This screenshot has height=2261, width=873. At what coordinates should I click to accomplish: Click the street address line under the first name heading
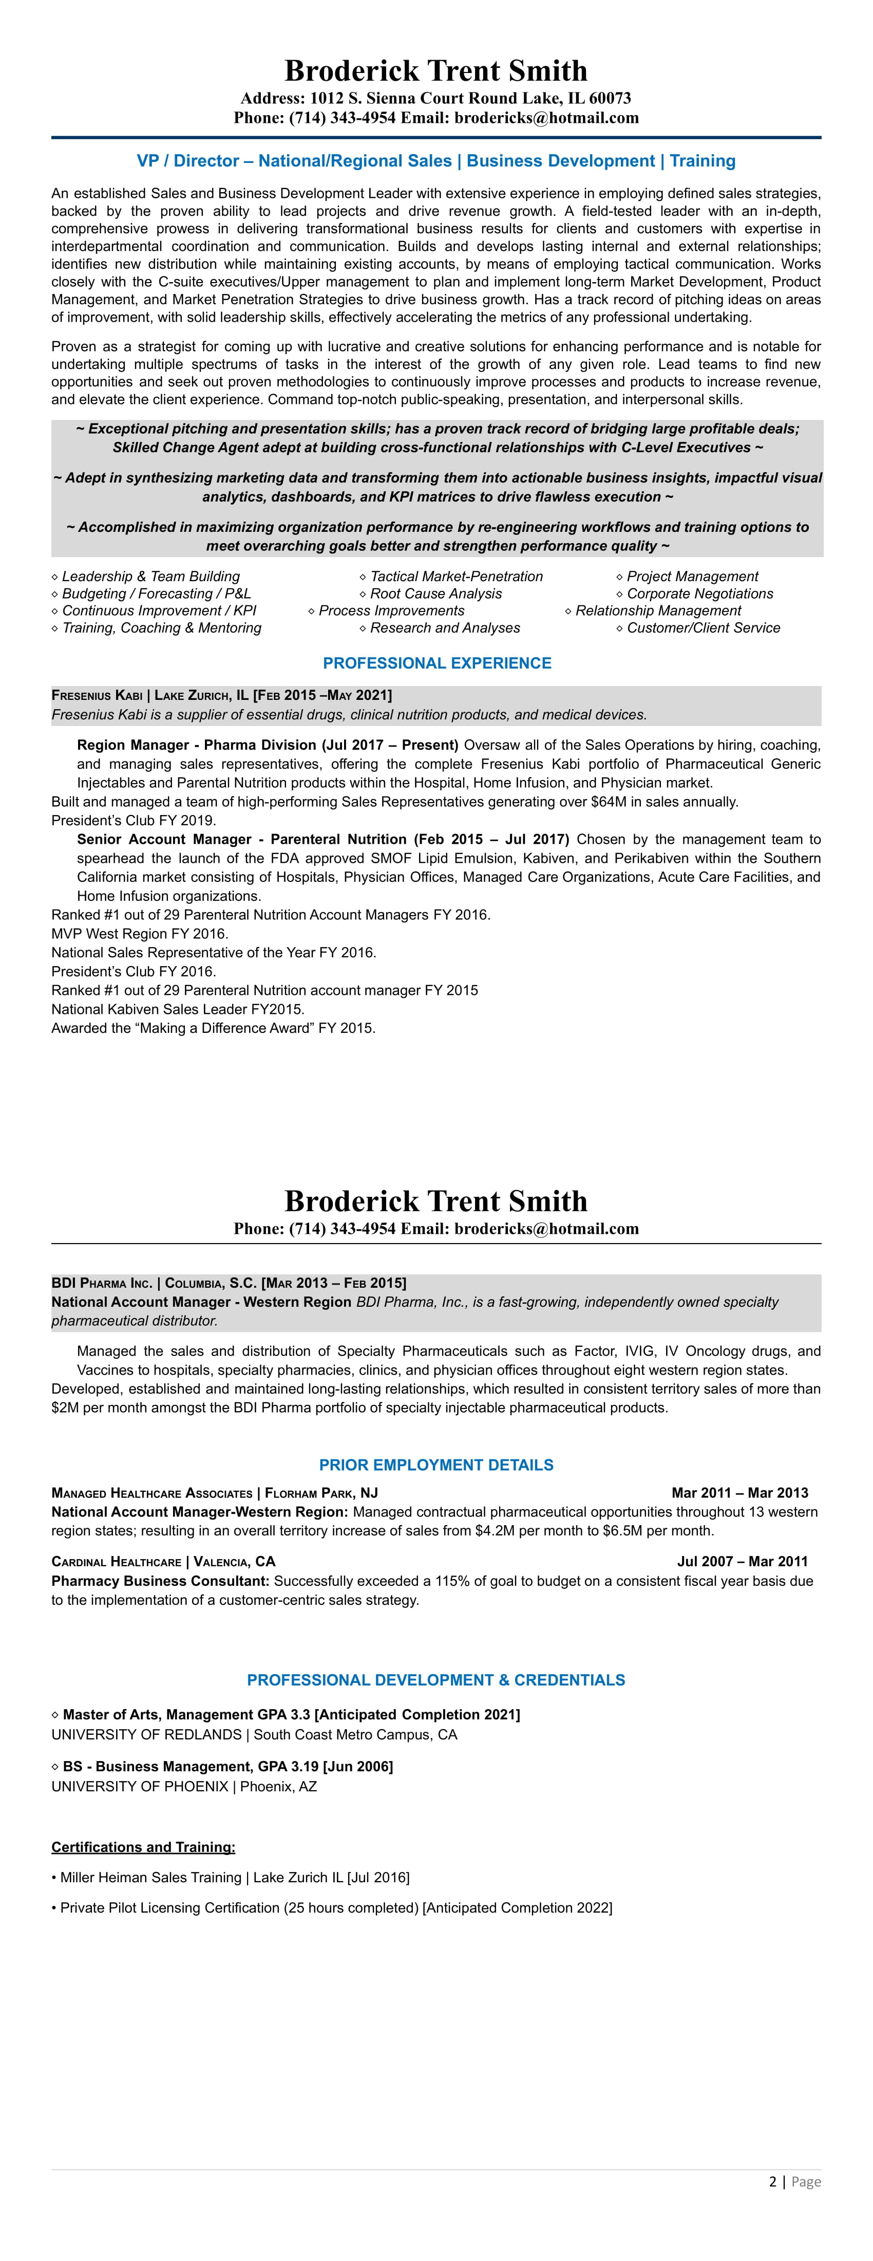tap(436, 98)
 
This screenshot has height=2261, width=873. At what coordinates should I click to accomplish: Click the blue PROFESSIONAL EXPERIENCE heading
tap(437, 663)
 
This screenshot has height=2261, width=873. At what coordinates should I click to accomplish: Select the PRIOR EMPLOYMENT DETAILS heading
tap(436, 1465)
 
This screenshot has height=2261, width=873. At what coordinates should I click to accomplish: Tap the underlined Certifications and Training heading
tap(143, 1847)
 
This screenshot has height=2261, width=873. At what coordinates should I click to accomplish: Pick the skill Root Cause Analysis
tap(436, 594)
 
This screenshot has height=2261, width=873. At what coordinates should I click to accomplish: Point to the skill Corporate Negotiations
tap(699, 594)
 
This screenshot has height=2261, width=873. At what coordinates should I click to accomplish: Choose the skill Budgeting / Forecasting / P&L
tap(156, 594)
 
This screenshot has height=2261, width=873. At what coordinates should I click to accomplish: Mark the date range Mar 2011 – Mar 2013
tap(739, 1493)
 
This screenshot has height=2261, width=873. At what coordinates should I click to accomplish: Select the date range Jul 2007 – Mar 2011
tap(742, 1562)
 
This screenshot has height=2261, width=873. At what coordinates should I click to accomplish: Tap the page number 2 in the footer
tap(773, 2182)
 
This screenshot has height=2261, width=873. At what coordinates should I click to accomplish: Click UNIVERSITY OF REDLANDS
tap(146, 1735)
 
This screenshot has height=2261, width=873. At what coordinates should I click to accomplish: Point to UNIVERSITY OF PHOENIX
tap(140, 1786)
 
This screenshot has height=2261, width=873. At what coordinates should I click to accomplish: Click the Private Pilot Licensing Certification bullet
tap(336, 1907)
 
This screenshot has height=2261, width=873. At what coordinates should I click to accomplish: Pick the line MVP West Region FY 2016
tap(140, 934)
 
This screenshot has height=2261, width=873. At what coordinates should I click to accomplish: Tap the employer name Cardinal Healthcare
tap(116, 1562)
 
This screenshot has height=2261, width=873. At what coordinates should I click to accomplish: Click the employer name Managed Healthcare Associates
tap(152, 1493)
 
